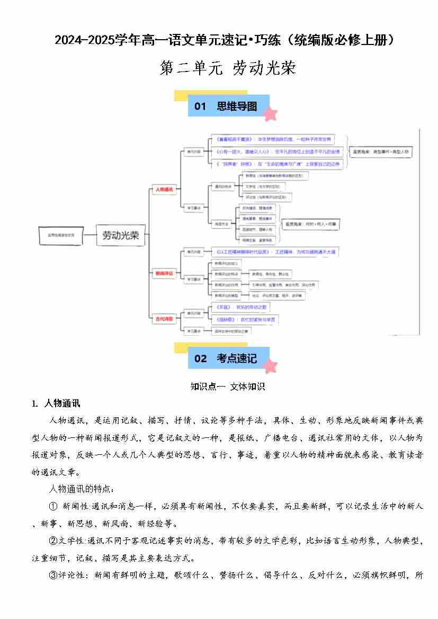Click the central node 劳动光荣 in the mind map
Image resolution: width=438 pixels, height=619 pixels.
[x=121, y=236]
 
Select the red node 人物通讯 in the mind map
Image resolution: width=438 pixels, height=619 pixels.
[x=164, y=189]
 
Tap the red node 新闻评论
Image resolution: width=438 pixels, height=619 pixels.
[x=164, y=273]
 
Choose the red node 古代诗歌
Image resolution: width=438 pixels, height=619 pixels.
[x=164, y=319]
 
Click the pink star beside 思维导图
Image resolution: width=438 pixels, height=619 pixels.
[x=271, y=114]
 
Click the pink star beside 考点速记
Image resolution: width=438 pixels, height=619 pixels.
[x=271, y=365]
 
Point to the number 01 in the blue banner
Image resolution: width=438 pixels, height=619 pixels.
[x=200, y=106]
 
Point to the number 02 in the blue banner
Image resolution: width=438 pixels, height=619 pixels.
[x=200, y=358]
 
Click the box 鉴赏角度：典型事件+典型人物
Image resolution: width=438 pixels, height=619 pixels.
[x=381, y=152]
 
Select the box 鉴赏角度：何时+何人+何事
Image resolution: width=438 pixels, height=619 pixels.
[x=310, y=225]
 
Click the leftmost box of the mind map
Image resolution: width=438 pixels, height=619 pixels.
[x=60, y=235]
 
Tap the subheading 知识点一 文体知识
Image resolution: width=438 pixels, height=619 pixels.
[x=227, y=387]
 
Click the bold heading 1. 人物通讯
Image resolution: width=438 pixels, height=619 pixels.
[x=56, y=403]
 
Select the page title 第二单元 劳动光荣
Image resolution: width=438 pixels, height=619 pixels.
[x=227, y=69]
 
